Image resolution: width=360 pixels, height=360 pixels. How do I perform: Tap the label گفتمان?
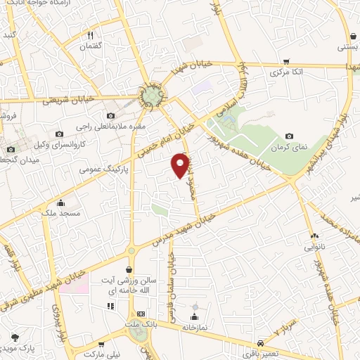[x=91, y=44]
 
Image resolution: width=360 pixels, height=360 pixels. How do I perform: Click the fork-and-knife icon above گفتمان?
[x=91, y=34]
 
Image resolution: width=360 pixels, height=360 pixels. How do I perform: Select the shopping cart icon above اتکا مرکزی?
[x=285, y=60]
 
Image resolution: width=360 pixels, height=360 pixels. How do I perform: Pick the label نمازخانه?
[x=195, y=327]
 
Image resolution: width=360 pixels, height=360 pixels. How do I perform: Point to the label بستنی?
[x=349, y=47]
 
